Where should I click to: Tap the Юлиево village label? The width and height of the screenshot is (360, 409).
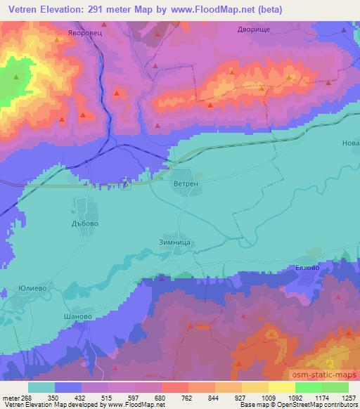(x=32, y=289)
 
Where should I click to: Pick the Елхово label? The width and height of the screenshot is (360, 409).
(x=307, y=268)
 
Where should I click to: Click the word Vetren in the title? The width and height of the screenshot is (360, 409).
(x=28, y=10)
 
